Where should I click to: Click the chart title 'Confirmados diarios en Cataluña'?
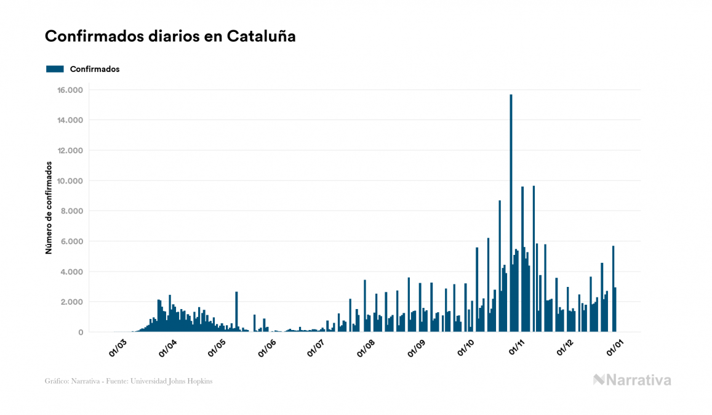click(170, 36)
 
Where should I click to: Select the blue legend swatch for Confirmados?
click(55, 69)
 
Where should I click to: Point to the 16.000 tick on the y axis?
click(71, 90)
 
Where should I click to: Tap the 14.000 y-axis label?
click(71, 120)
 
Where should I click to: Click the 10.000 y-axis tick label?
click(71, 180)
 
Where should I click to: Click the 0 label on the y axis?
click(80, 332)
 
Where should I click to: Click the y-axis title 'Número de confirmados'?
click(49, 208)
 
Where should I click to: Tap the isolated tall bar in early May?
click(236, 312)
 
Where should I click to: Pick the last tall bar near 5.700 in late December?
click(613, 289)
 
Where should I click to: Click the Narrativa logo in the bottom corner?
click(632, 380)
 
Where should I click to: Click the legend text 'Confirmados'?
click(95, 69)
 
